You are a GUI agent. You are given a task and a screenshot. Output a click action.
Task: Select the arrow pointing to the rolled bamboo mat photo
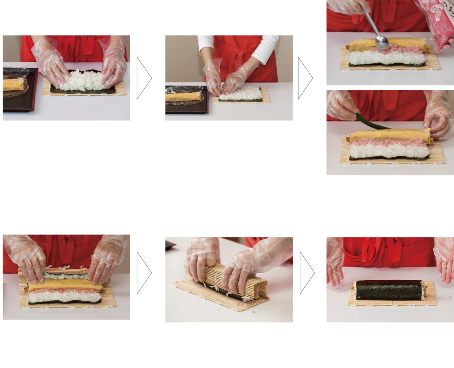pos(144,273)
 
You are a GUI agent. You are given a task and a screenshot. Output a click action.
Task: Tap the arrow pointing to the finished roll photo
pos(307,273)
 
